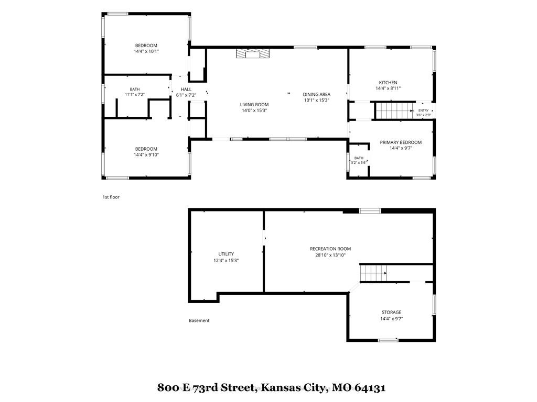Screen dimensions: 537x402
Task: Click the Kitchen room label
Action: coord(388,85)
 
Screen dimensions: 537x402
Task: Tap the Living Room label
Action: coord(254,107)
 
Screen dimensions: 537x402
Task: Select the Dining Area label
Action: coord(316,97)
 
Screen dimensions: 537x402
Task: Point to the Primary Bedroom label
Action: coord(401,145)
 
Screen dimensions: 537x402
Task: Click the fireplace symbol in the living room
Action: coord(252,54)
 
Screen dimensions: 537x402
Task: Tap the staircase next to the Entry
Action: coord(394,110)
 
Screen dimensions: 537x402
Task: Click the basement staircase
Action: coord(373,273)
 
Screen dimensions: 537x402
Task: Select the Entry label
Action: coord(423,113)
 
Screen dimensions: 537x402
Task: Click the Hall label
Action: coord(186,92)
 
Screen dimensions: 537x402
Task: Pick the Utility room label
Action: coord(226,257)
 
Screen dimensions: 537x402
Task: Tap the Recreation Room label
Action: coord(330,252)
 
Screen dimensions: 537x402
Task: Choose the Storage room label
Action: coord(391,315)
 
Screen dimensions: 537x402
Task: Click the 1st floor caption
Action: coord(111,197)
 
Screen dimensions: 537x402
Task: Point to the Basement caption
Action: coord(199,320)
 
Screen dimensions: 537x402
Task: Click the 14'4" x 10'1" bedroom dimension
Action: coord(146,51)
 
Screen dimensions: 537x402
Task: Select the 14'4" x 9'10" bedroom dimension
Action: coord(146,154)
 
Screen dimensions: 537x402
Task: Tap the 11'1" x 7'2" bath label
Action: coord(135,92)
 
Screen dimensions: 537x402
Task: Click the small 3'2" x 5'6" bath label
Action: coord(359,160)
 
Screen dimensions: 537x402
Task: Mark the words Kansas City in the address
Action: coord(291,387)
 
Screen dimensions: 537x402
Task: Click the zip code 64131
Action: coord(370,388)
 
